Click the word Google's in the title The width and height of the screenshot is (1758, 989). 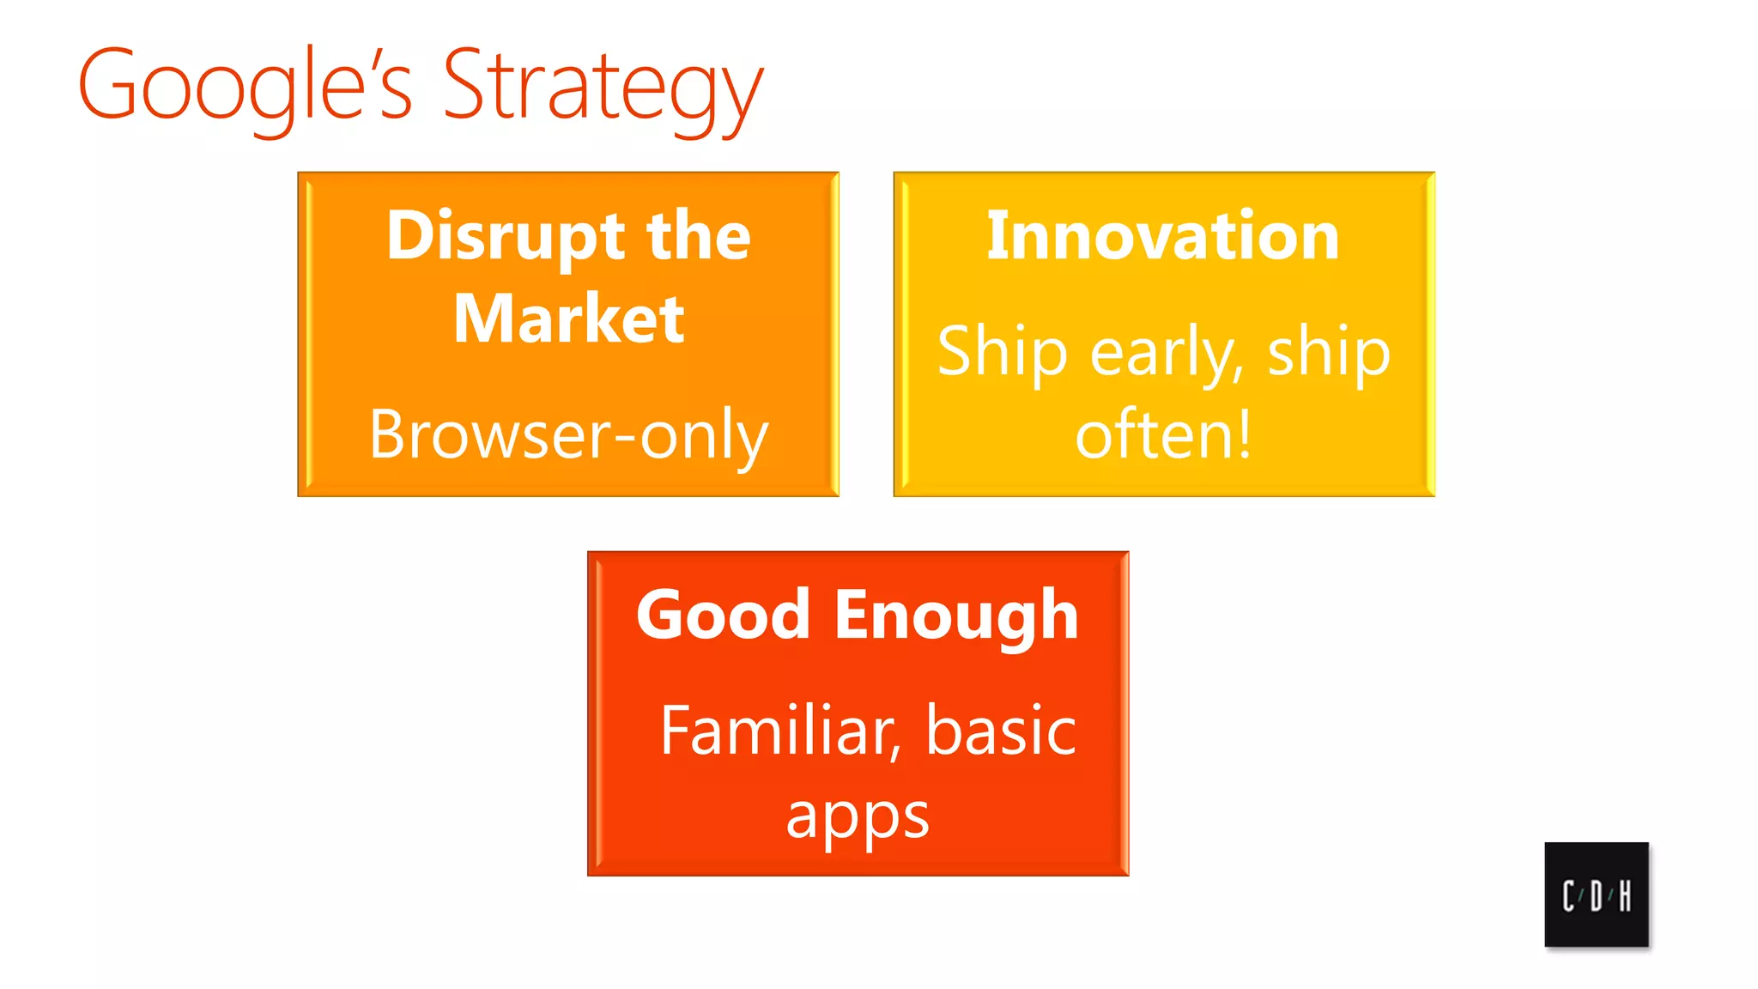[x=245, y=86]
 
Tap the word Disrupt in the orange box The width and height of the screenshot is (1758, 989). [x=506, y=236]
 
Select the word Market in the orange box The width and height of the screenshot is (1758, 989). [x=568, y=319]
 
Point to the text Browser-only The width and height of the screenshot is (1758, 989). [x=568, y=435]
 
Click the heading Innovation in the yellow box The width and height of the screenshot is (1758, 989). [x=1163, y=236]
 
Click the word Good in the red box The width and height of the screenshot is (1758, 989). [x=723, y=616]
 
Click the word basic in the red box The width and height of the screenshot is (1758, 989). [x=1001, y=731]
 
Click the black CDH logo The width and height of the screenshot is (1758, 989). [x=1596, y=894]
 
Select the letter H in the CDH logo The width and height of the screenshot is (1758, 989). [x=1624, y=896]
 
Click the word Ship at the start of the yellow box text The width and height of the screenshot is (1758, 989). [x=1002, y=352]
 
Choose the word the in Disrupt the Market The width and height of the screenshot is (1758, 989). [x=699, y=236]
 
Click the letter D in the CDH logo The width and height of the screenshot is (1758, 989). [x=1596, y=896]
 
